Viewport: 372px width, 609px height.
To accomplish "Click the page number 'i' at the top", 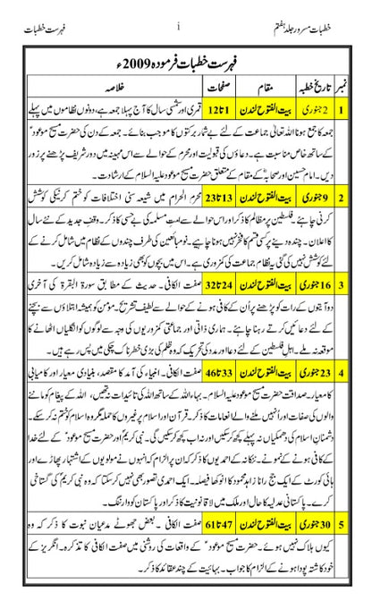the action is pos(179,11).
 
